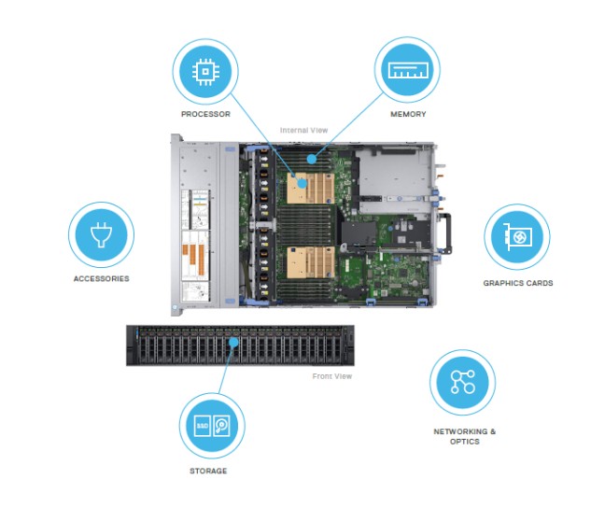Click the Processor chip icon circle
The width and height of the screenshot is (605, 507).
[205, 71]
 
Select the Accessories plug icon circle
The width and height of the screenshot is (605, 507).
[101, 233]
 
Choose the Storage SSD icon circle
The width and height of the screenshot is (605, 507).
[212, 425]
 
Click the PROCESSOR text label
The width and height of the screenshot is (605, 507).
[205, 115]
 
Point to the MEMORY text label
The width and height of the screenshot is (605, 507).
[408, 114]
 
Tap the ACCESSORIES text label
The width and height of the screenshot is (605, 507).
[101, 278]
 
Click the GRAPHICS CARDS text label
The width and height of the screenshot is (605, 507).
[517, 283]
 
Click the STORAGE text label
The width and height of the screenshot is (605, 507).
[212, 471]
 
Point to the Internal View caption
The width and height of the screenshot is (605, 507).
[301, 131]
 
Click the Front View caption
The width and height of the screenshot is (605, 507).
[332, 376]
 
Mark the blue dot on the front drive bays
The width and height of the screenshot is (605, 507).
[233, 343]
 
